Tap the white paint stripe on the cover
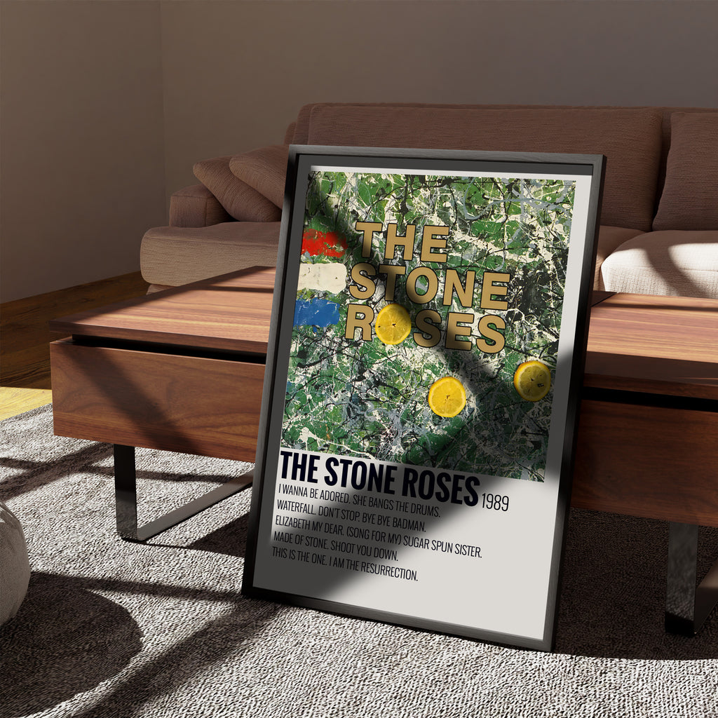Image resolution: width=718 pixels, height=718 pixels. click(322, 278)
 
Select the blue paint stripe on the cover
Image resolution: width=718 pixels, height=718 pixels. click(317, 313)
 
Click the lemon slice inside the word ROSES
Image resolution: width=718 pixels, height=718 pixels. click(393, 324)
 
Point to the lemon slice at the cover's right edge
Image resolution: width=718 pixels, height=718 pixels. click(532, 381)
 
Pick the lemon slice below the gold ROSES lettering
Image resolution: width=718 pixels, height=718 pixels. click(447, 397)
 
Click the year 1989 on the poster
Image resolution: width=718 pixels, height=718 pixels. click(495, 503)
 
